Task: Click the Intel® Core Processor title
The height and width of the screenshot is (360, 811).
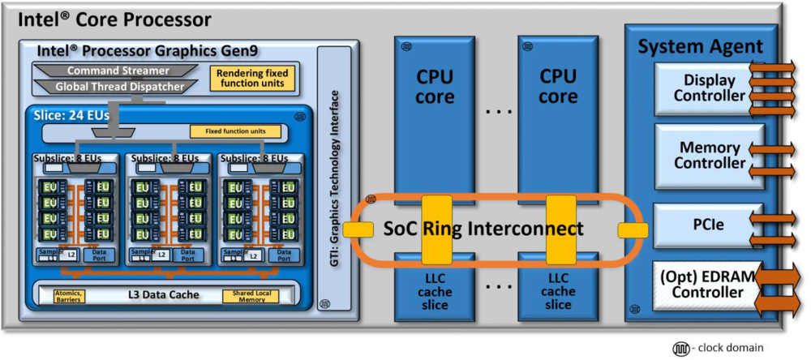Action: pyautogui.click(x=109, y=19)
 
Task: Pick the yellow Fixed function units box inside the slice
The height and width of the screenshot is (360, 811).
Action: pyautogui.click(x=235, y=131)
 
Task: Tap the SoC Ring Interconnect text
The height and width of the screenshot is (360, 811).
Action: pyautogui.click(x=483, y=229)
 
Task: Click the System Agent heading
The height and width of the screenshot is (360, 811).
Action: pyautogui.click(x=700, y=46)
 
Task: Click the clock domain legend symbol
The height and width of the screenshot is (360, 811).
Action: pyautogui.click(x=679, y=348)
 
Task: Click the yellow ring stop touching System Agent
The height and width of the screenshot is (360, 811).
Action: pyautogui.click(x=633, y=230)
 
